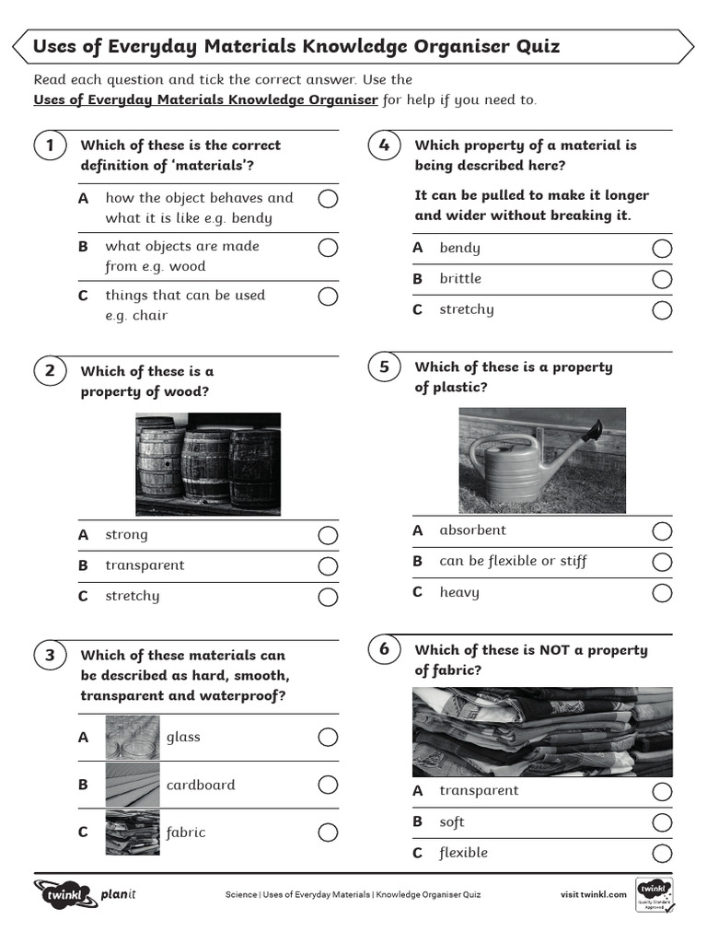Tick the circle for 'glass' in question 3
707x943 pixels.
(x=328, y=738)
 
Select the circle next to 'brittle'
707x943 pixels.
(x=662, y=279)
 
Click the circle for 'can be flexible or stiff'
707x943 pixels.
(x=662, y=562)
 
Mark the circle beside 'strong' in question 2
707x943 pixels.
(x=328, y=536)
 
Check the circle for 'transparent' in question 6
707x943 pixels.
(x=662, y=792)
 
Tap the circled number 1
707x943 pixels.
(x=50, y=146)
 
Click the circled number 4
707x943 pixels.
(x=384, y=146)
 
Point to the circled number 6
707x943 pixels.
(x=384, y=649)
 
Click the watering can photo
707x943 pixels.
(x=542, y=460)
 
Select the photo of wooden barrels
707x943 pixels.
(x=208, y=464)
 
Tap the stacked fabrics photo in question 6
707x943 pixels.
(x=542, y=732)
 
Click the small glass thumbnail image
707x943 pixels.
(x=133, y=738)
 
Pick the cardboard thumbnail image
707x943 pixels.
(x=133, y=785)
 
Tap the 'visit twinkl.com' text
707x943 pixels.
(x=594, y=894)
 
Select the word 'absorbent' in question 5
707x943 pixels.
(x=472, y=530)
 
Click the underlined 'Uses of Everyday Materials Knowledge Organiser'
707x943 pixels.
(x=205, y=99)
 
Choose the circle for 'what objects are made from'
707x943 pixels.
(x=328, y=248)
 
